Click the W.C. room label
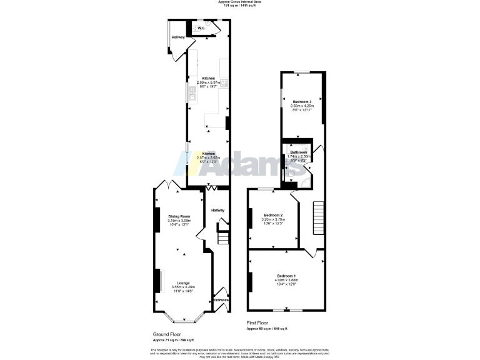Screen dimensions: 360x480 (x=201, y=28)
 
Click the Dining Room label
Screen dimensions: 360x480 (x=178, y=216)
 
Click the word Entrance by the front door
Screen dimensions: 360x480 (x=221, y=301)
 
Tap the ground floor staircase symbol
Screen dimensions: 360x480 (x=222, y=239)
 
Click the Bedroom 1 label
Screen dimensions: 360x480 (x=286, y=276)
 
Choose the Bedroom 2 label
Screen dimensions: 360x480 (x=273, y=215)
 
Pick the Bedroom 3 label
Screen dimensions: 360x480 (x=302, y=101)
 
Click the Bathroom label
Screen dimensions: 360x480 (x=298, y=152)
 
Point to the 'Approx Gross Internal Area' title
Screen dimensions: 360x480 (x=240, y=2)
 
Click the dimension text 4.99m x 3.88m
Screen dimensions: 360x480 (x=286, y=280)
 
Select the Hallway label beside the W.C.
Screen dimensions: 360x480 (x=178, y=37)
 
